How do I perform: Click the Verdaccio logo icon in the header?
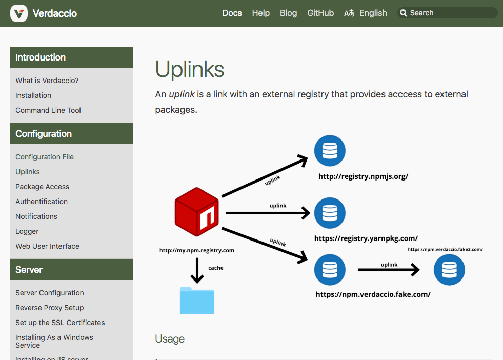[x=19, y=13]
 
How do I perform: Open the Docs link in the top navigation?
[x=232, y=13]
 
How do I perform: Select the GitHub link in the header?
[x=320, y=13]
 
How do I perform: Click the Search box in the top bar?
[x=447, y=13]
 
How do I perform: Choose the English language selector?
[x=366, y=13]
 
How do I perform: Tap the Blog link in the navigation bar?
[x=288, y=13]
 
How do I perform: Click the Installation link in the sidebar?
[x=33, y=95]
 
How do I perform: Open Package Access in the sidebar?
[x=43, y=187]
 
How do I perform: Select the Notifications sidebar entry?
[x=36, y=216]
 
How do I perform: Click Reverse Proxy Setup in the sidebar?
[x=50, y=308]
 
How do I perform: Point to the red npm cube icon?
[x=197, y=212]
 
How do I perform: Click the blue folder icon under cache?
[x=197, y=301]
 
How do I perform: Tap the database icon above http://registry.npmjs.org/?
[x=330, y=151]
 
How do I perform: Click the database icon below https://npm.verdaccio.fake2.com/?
[x=449, y=270]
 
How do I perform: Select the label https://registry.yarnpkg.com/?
[x=366, y=238]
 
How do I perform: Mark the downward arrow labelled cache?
[x=197, y=270]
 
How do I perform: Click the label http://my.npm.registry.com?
[x=197, y=250]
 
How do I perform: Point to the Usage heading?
[x=170, y=339]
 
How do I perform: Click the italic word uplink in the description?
[x=182, y=94]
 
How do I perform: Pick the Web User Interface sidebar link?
[x=48, y=246]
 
